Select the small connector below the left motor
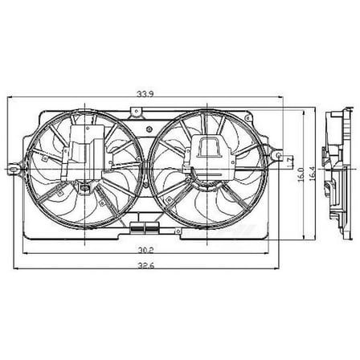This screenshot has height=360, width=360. click(x=84, y=189)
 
